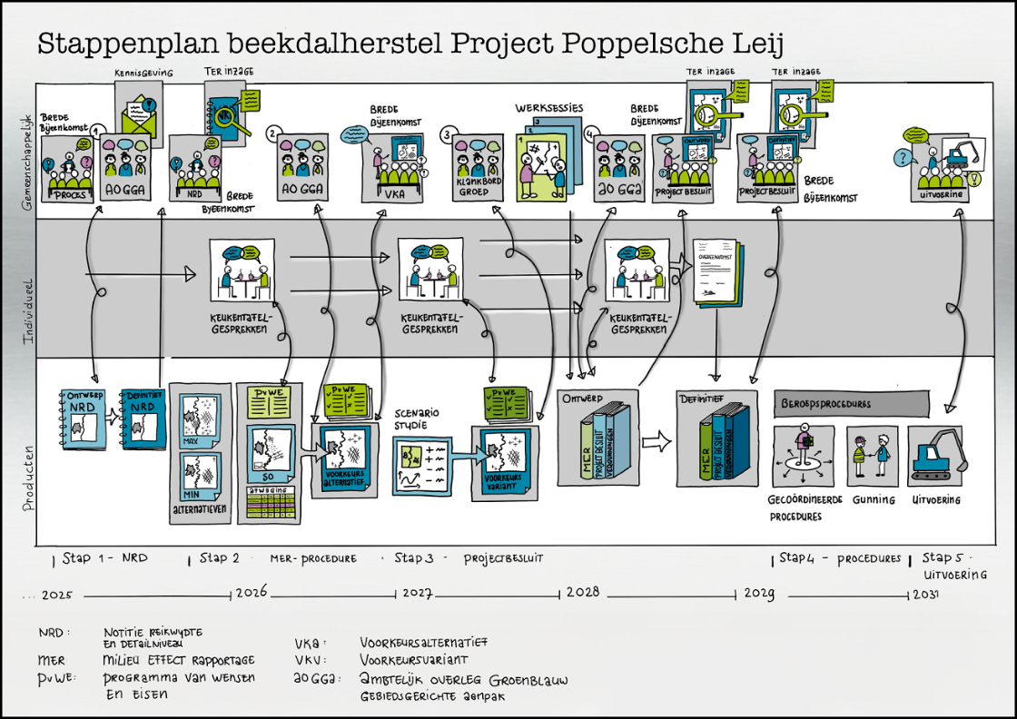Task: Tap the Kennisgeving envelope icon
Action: [x=142, y=113]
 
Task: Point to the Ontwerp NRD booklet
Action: [x=84, y=419]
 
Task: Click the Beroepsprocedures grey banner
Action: [x=851, y=403]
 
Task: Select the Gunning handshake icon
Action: [x=872, y=455]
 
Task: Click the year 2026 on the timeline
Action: [x=252, y=593]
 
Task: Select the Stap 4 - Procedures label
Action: [x=840, y=558]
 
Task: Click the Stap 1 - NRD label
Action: [x=104, y=558]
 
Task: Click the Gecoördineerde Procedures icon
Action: [x=802, y=457]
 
